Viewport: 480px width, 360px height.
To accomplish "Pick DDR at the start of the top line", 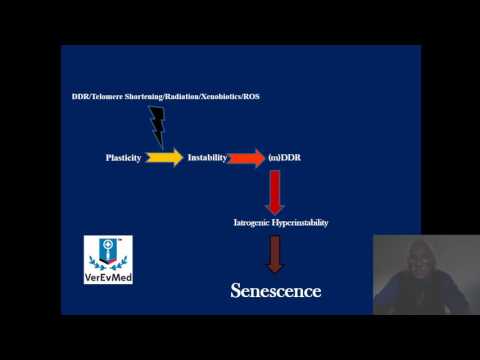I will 79,97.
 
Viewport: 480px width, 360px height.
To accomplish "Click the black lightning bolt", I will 157,124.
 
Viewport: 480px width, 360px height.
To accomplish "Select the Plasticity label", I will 124,158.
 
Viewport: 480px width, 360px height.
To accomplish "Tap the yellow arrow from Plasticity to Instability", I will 165,158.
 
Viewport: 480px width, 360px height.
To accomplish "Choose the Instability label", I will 206,158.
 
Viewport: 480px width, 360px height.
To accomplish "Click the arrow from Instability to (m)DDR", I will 246,158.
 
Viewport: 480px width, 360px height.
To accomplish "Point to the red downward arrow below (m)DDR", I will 275,190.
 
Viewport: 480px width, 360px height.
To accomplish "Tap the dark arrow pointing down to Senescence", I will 275,254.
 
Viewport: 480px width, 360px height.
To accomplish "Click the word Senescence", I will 275,292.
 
